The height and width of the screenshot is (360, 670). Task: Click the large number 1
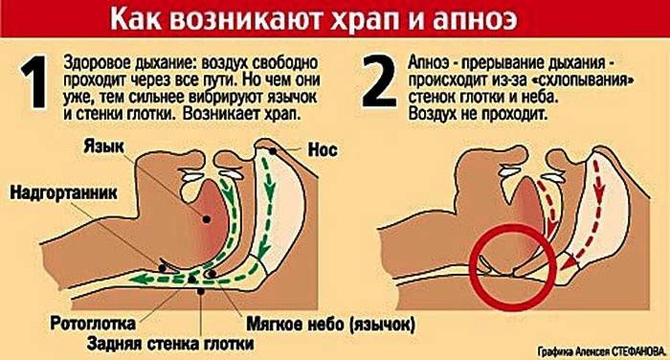coord(34,81)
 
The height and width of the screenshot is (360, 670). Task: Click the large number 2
coord(379,81)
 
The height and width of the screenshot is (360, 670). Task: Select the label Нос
coord(323,150)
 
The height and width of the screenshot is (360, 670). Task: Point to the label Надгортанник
coord(63,192)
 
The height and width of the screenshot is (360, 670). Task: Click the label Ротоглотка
coord(93,324)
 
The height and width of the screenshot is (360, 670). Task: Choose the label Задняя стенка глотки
coord(170,344)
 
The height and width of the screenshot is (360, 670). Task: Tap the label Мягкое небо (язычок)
coord(330,324)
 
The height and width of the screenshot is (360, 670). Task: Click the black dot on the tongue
coord(207,219)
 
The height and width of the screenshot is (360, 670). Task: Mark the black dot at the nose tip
coord(272,150)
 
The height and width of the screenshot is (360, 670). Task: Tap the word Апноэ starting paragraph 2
coord(429,63)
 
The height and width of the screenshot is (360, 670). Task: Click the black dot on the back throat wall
coord(200,291)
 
